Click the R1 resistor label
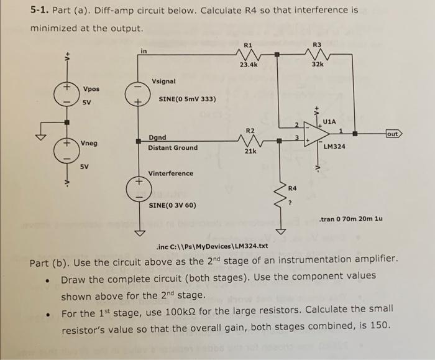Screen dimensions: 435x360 tap(248, 45)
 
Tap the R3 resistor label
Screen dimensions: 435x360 tap(317, 45)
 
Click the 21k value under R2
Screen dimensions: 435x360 tap(249, 151)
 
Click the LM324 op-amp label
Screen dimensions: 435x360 tap(335, 147)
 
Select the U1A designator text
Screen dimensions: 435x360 tap(329, 121)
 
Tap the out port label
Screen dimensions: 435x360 tap(393, 134)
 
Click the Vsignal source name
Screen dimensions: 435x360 tap(163, 81)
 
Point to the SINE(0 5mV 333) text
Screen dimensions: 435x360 tap(187, 99)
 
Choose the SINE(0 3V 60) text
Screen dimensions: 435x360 tap(172, 205)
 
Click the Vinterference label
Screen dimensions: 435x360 tap(170, 173)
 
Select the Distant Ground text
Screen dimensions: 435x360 tap(173, 147)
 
